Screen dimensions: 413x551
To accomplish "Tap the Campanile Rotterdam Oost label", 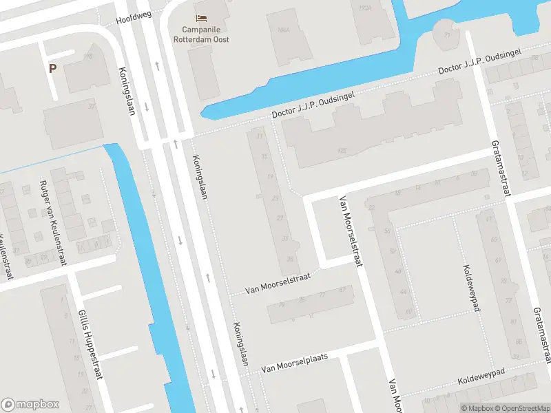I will (x=205, y=34).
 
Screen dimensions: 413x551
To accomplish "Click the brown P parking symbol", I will (x=52, y=68).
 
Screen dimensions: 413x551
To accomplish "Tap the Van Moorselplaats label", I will (x=293, y=363).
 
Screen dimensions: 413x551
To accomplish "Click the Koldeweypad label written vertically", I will (x=471, y=288).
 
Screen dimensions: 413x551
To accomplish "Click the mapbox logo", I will (x=30, y=405).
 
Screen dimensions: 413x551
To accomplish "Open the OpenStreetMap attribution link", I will (x=521, y=408).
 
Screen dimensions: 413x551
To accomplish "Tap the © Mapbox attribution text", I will (x=477, y=408).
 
